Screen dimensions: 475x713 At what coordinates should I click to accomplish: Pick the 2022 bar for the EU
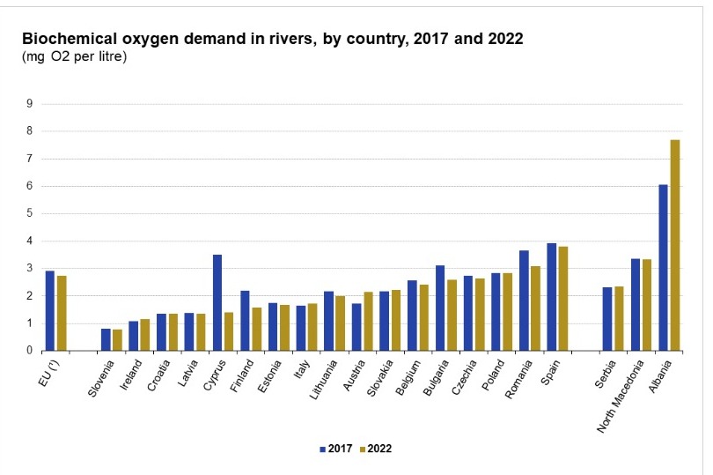coord(62,313)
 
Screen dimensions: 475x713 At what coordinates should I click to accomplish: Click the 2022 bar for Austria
coord(368,321)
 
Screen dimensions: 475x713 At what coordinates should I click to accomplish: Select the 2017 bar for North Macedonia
coord(636,304)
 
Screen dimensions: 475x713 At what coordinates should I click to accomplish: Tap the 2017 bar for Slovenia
coord(106,339)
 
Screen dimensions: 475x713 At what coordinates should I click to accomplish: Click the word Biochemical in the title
coord(67,40)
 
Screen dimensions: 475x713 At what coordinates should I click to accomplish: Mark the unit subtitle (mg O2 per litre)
coord(74,57)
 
